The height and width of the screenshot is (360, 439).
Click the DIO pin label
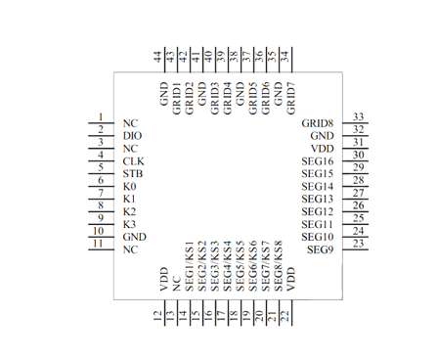[132, 136]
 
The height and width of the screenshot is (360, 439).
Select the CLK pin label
[133, 161]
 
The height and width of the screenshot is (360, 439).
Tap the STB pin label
[133, 174]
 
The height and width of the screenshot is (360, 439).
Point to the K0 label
[129, 187]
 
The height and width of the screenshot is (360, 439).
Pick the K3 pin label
[129, 224]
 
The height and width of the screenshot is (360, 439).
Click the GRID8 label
[318, 123]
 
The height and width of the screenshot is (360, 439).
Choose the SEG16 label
[318, 161]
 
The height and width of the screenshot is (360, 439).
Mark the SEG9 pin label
[321, 249]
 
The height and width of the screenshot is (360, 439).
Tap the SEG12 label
[318, 211]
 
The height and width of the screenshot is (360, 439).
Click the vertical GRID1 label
[176, 99]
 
